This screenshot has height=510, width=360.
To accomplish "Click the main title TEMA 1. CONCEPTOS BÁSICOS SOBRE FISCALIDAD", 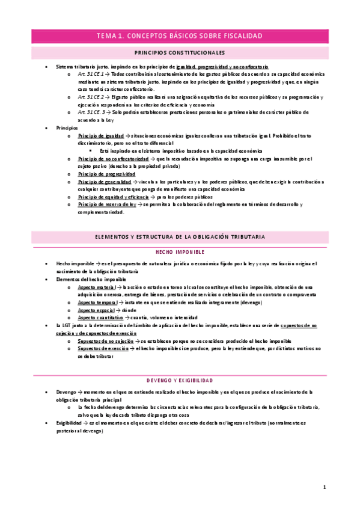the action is tap(180, 36).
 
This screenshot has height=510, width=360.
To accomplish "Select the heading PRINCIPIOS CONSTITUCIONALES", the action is tap(180, 52).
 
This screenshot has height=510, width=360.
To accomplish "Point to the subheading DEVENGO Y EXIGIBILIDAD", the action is tap(180, 380).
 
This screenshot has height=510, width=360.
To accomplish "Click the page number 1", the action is tap(324, 487).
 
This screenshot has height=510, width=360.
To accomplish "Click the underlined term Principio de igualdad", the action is tap(99, 135).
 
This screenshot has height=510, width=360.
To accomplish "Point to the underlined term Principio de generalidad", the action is tap(104, 181).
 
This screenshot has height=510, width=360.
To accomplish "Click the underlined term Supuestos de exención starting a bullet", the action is tap(103, 349).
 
